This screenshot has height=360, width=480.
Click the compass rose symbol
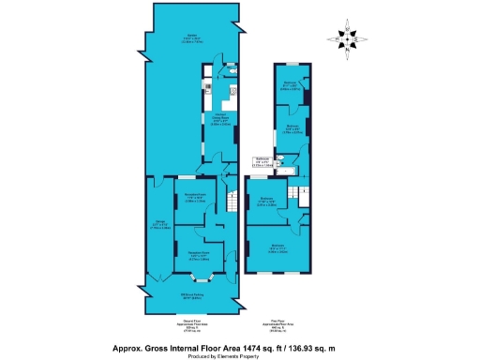(345, 38)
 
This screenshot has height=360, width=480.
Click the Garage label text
(158, 226)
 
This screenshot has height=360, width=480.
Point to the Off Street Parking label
(193, 298)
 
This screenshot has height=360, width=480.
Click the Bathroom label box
(263, 161)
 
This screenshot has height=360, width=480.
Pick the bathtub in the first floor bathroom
(280, 172)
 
